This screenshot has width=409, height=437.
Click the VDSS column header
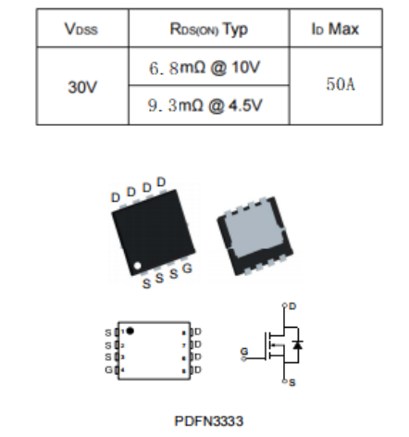pos(81,29)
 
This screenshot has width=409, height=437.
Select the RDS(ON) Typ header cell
pos(209,30)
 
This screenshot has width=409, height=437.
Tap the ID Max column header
pos(335,29)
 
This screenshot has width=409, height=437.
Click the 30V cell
pos(82,87)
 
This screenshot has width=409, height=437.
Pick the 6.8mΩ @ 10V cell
pos(204,68)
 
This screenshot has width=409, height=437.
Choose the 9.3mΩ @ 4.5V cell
pos(204,106)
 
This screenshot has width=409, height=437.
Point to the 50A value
pos(341,84)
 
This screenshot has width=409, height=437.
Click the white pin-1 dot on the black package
pos(137,266)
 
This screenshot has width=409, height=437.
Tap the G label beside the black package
pos(187,268)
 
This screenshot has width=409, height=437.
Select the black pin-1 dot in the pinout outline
pos(130,331)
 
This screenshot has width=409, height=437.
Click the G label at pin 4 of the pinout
pos(108,369)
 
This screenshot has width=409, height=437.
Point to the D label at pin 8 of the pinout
pos(198,331)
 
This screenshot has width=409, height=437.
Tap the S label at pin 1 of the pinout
pos(108,332)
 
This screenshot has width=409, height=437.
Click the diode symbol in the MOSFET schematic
pos(298,344)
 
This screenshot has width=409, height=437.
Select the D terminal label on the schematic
pos(292,306)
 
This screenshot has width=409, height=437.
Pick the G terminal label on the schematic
pos(244,351)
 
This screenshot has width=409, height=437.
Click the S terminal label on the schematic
pos(292,382)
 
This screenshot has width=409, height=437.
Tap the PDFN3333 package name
pos(209,421)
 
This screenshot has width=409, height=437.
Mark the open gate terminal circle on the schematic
pos(243,358)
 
